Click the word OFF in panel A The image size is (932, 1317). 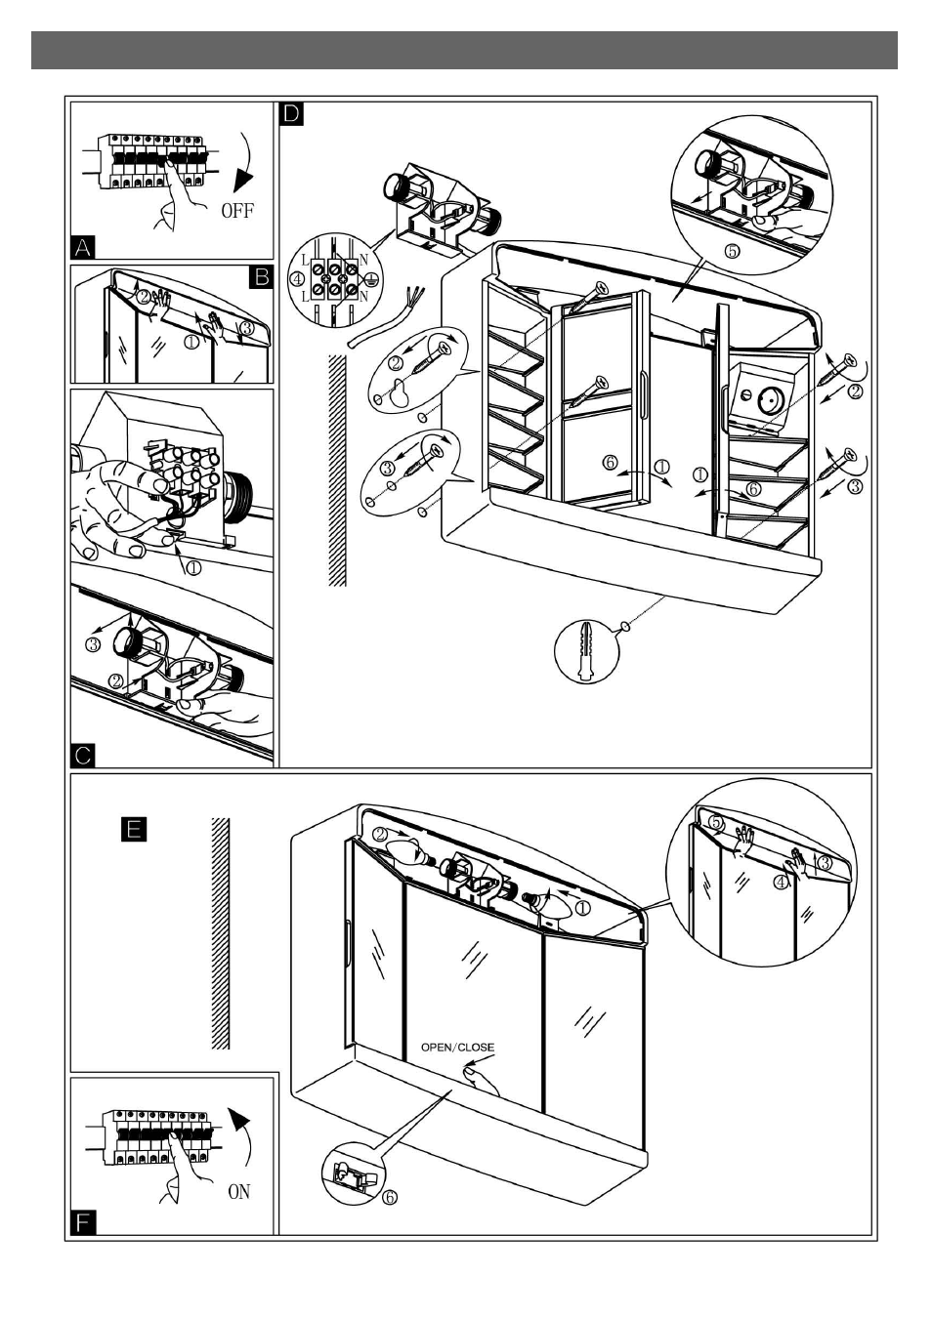[237, 210]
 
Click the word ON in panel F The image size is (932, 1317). [239, 1191]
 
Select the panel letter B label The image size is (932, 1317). [261, 278]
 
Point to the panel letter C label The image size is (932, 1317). [84, 755]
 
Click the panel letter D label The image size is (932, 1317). [292, 114]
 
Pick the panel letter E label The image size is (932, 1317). [134, 829]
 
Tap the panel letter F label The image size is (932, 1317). [84, 1221]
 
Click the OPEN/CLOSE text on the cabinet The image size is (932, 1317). [457, 1048]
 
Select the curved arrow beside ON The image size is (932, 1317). [241, 1137]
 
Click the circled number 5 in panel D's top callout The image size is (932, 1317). [732, 250]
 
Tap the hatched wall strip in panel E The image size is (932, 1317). [221, 933]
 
